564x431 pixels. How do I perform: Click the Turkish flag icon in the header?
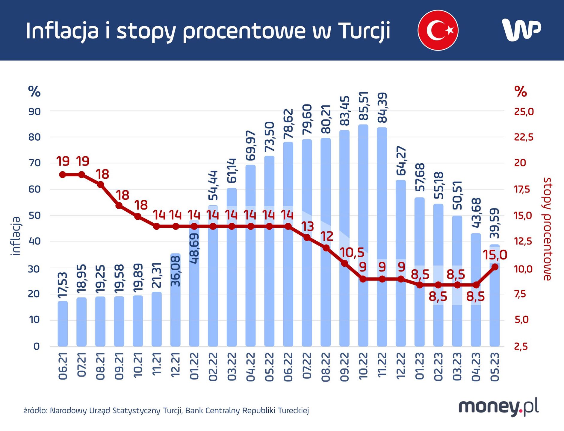tap(438, 30)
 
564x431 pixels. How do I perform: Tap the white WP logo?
tap(521, 30)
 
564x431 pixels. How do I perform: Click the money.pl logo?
tap(498, 407)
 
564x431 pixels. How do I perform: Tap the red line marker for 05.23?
tap(495, 267)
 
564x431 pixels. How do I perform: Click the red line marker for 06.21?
tap(63, 174)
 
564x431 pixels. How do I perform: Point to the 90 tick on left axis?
tap(34, 112)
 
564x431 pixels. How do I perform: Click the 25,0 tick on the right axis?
tap(524, 112)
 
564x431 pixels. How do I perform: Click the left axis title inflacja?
tap(16, 236)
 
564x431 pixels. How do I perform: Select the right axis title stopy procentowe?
tap(547, 229)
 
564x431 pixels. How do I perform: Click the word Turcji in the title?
tap(364, 31)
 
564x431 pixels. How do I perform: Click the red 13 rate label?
tap(307, 227)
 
